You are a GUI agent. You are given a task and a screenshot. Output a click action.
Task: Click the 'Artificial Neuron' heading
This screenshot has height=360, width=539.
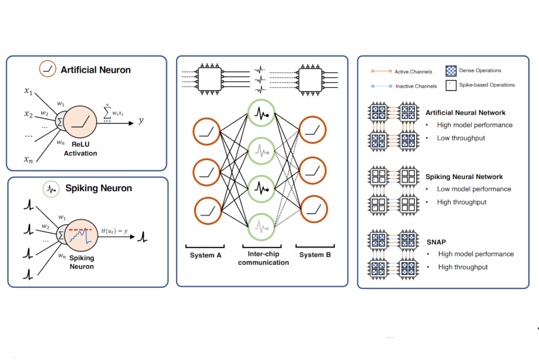(x=95, y=70)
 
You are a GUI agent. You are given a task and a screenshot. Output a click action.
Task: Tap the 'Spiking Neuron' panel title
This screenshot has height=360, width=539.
(x=98, y=188)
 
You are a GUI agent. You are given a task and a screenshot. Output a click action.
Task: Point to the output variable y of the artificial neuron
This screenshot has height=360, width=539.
(x=141, y=120)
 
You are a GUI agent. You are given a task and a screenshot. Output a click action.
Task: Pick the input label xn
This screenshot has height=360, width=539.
(x=28, y=159)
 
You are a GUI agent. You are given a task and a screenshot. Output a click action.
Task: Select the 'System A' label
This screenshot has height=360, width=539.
(x=205, y=255)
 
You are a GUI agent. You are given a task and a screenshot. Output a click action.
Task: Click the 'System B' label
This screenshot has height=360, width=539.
(x=315, y=255)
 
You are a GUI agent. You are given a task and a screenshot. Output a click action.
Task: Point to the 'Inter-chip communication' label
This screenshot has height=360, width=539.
(x=263, y=258)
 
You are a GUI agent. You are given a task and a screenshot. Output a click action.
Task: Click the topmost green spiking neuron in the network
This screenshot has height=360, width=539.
(x=261, y=114)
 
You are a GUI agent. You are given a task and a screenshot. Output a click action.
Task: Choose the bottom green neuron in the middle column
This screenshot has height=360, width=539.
(x=261, y=227)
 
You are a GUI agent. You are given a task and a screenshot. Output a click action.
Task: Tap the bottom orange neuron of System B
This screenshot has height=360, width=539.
(x=313, y=210)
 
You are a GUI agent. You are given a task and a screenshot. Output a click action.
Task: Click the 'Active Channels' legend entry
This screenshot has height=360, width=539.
(x=413, y=72)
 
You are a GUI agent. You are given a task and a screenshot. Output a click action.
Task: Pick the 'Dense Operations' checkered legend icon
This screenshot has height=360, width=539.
(x=451, y=71)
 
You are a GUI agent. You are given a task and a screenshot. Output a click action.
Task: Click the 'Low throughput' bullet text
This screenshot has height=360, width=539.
(x=461, y=138)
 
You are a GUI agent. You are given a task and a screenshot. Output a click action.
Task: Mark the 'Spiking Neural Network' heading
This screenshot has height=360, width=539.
(x=464, y=177)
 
